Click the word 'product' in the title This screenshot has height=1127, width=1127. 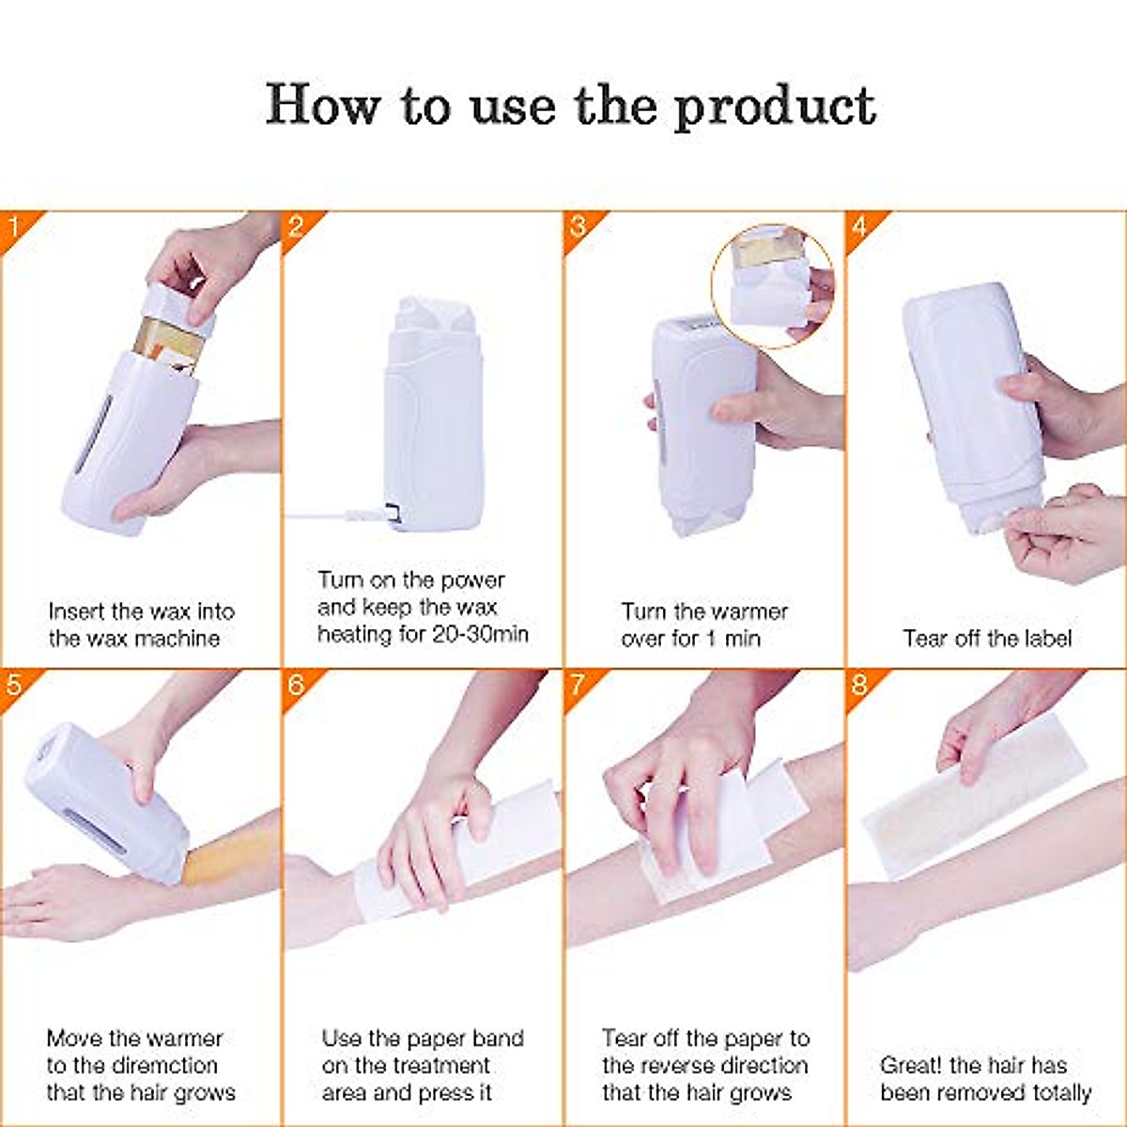click(776, 107)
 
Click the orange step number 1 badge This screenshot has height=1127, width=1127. click(14, 225)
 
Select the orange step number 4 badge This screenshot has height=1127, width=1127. click(859, 225)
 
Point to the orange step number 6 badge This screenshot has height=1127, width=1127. click(296, 684)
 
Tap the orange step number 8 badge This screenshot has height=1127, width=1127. click(859, 684)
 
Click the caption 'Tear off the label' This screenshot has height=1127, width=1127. click(987, 639)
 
